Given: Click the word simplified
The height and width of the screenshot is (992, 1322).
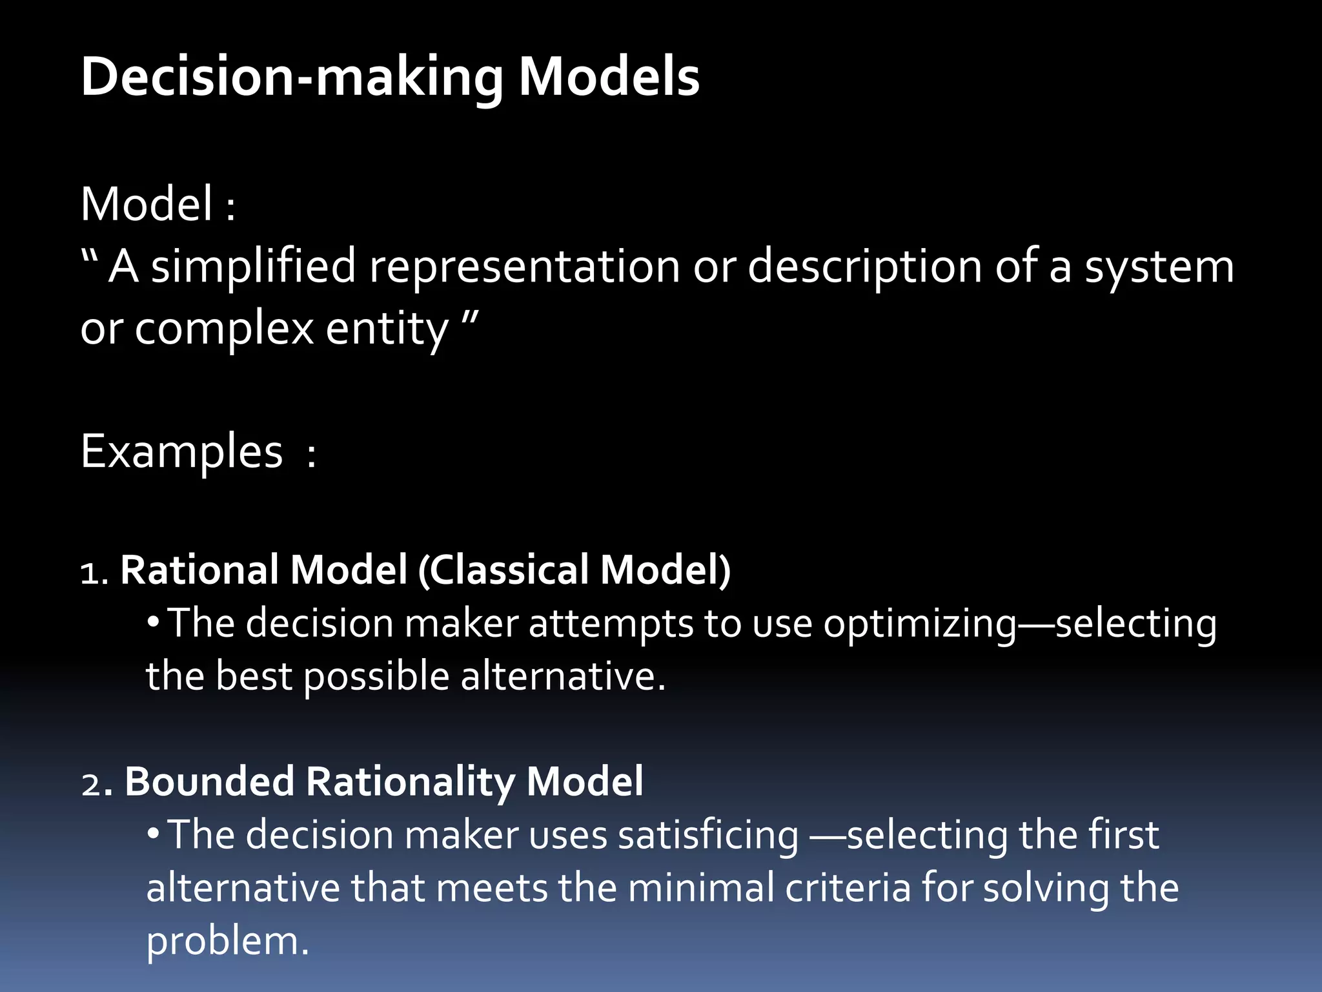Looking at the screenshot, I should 253,266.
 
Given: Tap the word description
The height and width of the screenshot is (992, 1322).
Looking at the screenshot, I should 864,266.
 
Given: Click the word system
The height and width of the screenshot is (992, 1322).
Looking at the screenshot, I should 1159,266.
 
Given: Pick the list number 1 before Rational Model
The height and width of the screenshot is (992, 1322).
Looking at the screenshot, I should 90,573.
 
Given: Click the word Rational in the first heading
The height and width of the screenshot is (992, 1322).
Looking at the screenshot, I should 199,570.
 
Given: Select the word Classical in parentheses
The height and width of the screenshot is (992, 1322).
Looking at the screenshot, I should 509,570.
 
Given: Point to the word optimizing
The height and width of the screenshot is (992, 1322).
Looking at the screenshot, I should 919,625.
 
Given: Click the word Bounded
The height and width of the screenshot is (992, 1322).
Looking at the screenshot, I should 209,781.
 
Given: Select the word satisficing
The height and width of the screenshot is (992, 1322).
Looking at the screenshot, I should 708,836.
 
